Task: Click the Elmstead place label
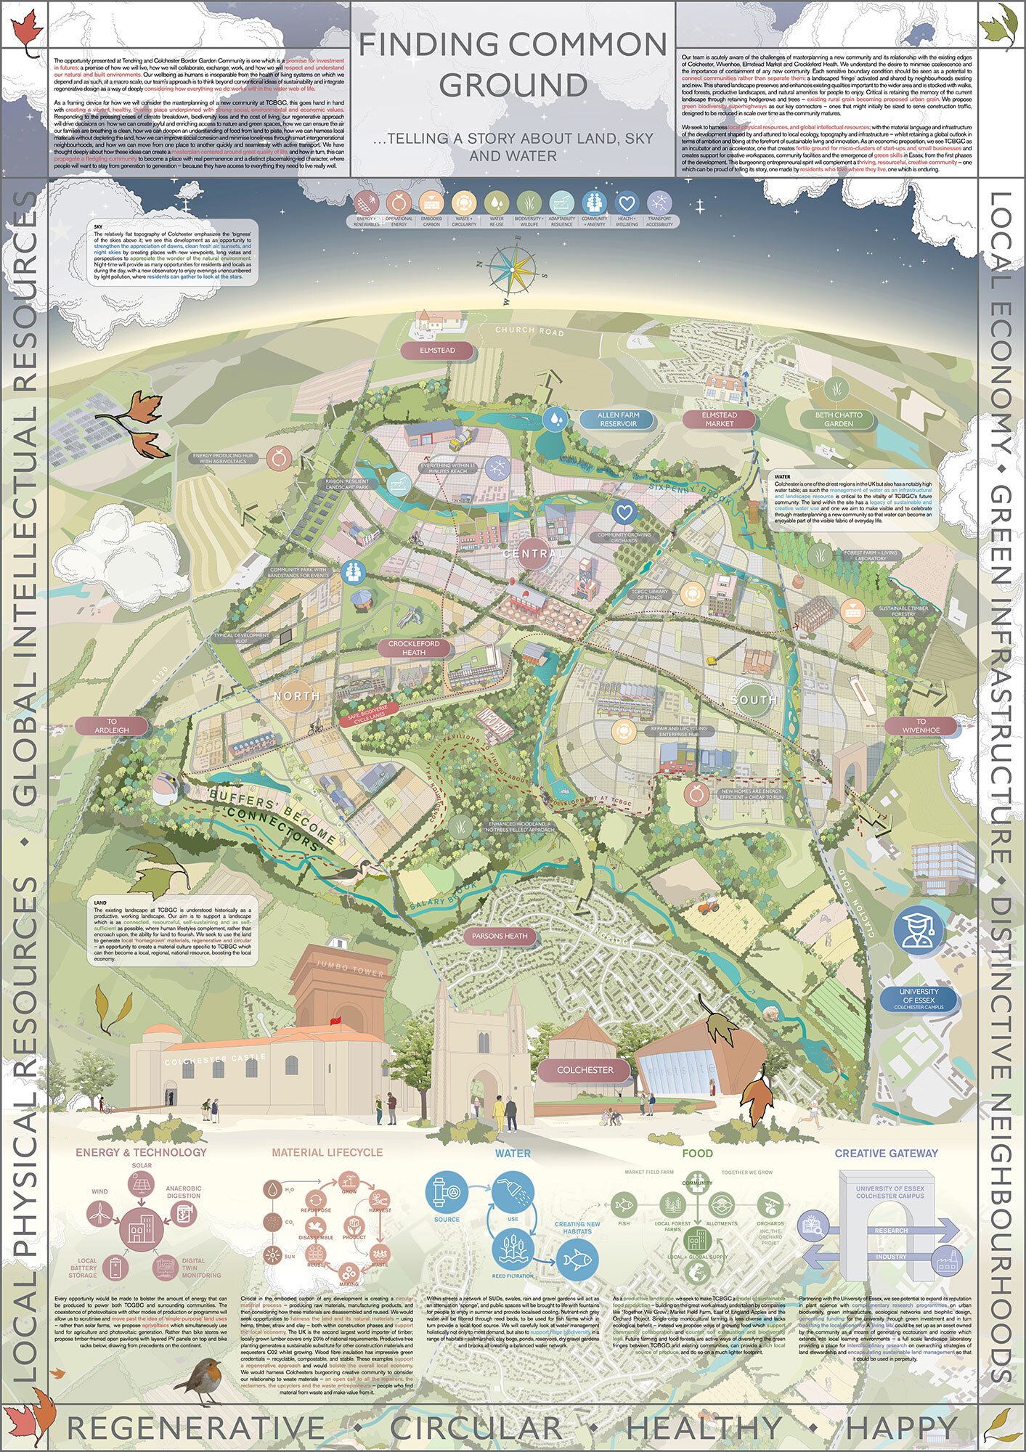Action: tap(436, 350)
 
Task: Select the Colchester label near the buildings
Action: tap(584, 1070)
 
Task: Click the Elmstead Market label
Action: tap(720, 420)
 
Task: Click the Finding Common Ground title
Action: tap(513, 65)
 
